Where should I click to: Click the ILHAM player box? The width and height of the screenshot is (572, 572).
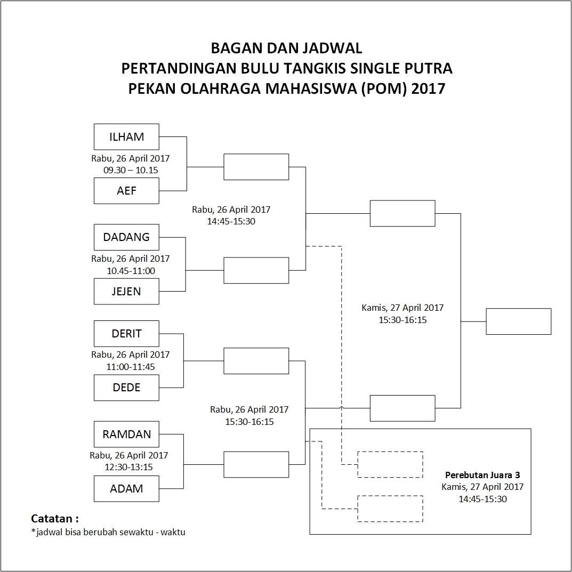click(126, 136)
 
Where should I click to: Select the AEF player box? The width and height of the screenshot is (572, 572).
click(126, 191)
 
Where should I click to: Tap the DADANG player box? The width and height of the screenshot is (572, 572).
click(126, 237)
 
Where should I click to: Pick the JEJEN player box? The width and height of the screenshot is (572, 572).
click(126, 292)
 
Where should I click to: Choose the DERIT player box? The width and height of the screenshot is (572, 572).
click(126, 334)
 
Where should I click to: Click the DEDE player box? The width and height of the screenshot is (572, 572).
click(126, 388)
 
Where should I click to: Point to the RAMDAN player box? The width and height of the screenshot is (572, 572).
click(126, 434)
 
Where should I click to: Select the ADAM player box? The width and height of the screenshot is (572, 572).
click(126, 488)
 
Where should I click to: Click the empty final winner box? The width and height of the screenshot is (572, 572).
click(518, 321)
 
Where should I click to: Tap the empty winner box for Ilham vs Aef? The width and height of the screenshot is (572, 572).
click(256, 167)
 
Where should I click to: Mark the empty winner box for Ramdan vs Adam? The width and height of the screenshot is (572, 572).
click(256, 464)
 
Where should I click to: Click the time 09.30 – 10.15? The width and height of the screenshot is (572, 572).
click(131, 170)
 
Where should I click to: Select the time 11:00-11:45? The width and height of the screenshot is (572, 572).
click(131, 366)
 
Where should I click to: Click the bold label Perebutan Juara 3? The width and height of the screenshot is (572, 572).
click(482, 474)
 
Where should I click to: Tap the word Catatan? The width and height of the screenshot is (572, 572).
click(54, 518)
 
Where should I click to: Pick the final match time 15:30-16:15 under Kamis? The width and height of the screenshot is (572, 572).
click(402, 320)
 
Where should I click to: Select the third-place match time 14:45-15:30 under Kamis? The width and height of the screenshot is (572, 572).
click(482, 499)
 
